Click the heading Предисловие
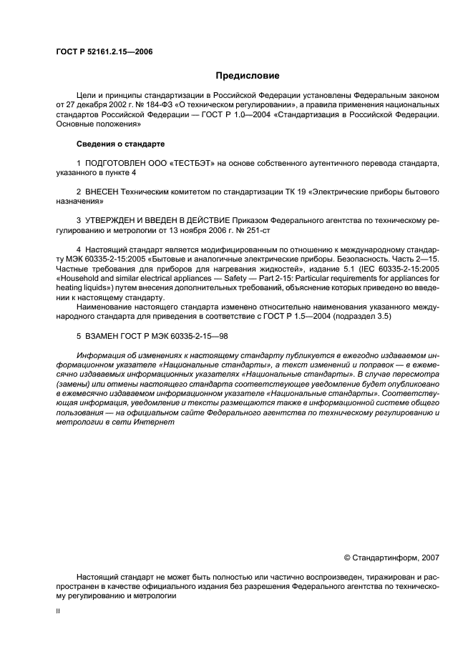[248, 75]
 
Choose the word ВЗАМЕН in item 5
[104, 335]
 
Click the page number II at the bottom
[59, 612]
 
